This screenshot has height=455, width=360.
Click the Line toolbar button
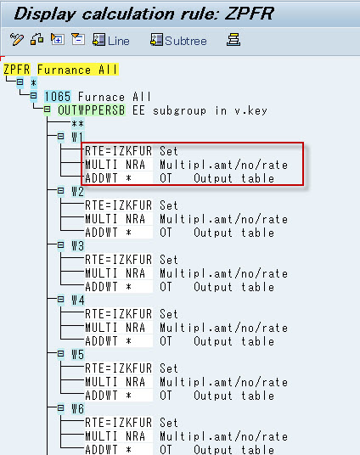point(111,40)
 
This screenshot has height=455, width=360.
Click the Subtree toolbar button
point(178,40)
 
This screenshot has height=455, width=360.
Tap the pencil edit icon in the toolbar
point(16,39)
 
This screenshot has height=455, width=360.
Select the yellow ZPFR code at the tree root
point(16,70)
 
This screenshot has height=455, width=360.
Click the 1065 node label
point(58,97)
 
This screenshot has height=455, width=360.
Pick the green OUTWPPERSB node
point(92,110)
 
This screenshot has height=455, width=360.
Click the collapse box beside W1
point(60,136)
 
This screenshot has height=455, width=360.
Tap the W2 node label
point(78,192)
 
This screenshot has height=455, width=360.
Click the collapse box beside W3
point(60,245)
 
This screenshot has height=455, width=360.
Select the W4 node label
point(78,300)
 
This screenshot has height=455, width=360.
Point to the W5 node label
point(78,354)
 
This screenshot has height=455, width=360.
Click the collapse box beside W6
point(60,408)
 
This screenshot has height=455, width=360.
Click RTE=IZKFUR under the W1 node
point(119,151)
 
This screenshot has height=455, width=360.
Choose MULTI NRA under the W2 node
point(115,219)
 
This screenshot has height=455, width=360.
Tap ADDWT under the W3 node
point(101,287)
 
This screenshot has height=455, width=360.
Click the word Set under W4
point(169,314)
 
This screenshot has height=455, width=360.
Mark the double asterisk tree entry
point(78,124)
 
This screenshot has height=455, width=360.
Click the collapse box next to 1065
point(34,95)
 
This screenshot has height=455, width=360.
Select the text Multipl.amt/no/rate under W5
point(224,382)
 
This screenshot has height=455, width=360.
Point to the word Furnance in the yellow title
point(65,70)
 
